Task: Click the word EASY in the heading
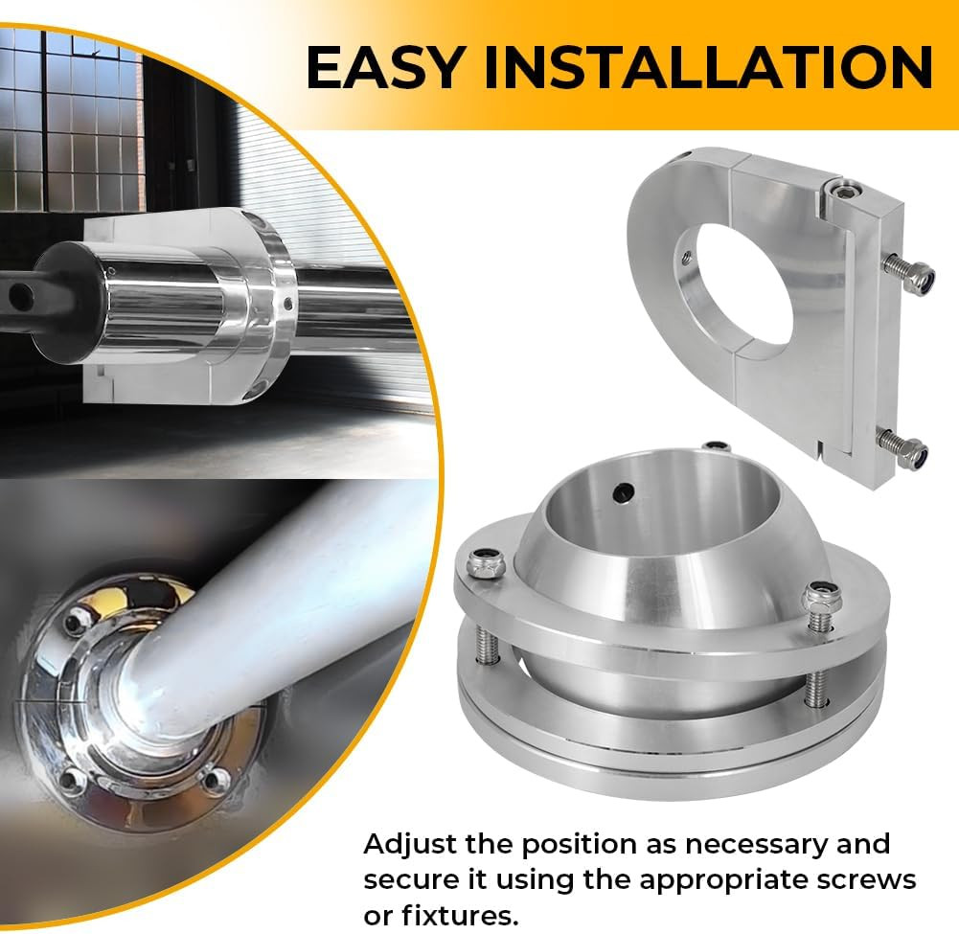(x=383, y=67)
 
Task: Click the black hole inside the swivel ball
(x=624, y=491)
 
